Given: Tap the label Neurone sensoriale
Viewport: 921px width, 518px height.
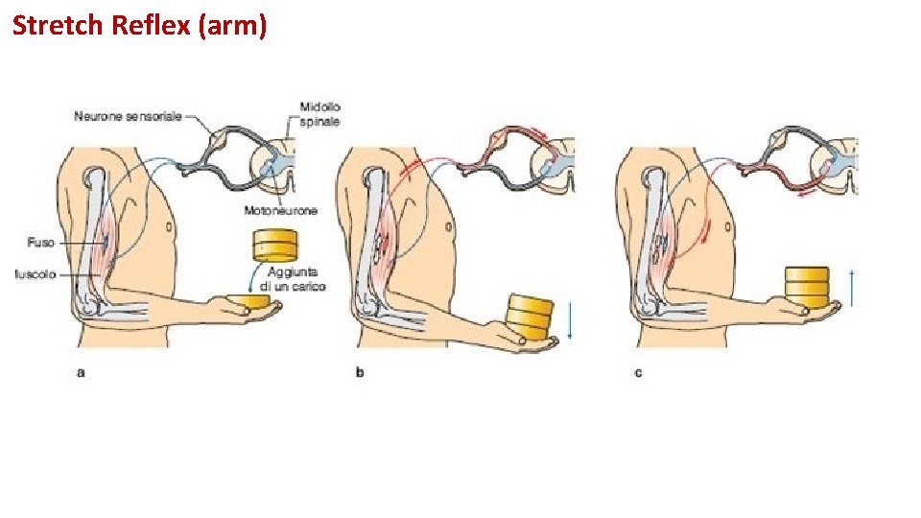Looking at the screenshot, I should (x=129, y=117).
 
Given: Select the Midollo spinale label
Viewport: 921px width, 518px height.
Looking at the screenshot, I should (x=319, y=114).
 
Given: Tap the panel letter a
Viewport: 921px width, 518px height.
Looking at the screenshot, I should (x=81, y=371).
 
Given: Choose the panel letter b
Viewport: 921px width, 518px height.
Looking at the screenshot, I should (x=360, y=371).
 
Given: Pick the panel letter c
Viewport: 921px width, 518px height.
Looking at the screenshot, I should (x=638, y=371).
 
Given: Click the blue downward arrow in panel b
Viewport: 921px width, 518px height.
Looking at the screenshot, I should (x=569, y=320).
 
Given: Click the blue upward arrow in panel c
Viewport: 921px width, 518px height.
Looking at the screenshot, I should (x=851, y=287).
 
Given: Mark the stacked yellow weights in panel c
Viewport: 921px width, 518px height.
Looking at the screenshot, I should (x=808, y=285).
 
